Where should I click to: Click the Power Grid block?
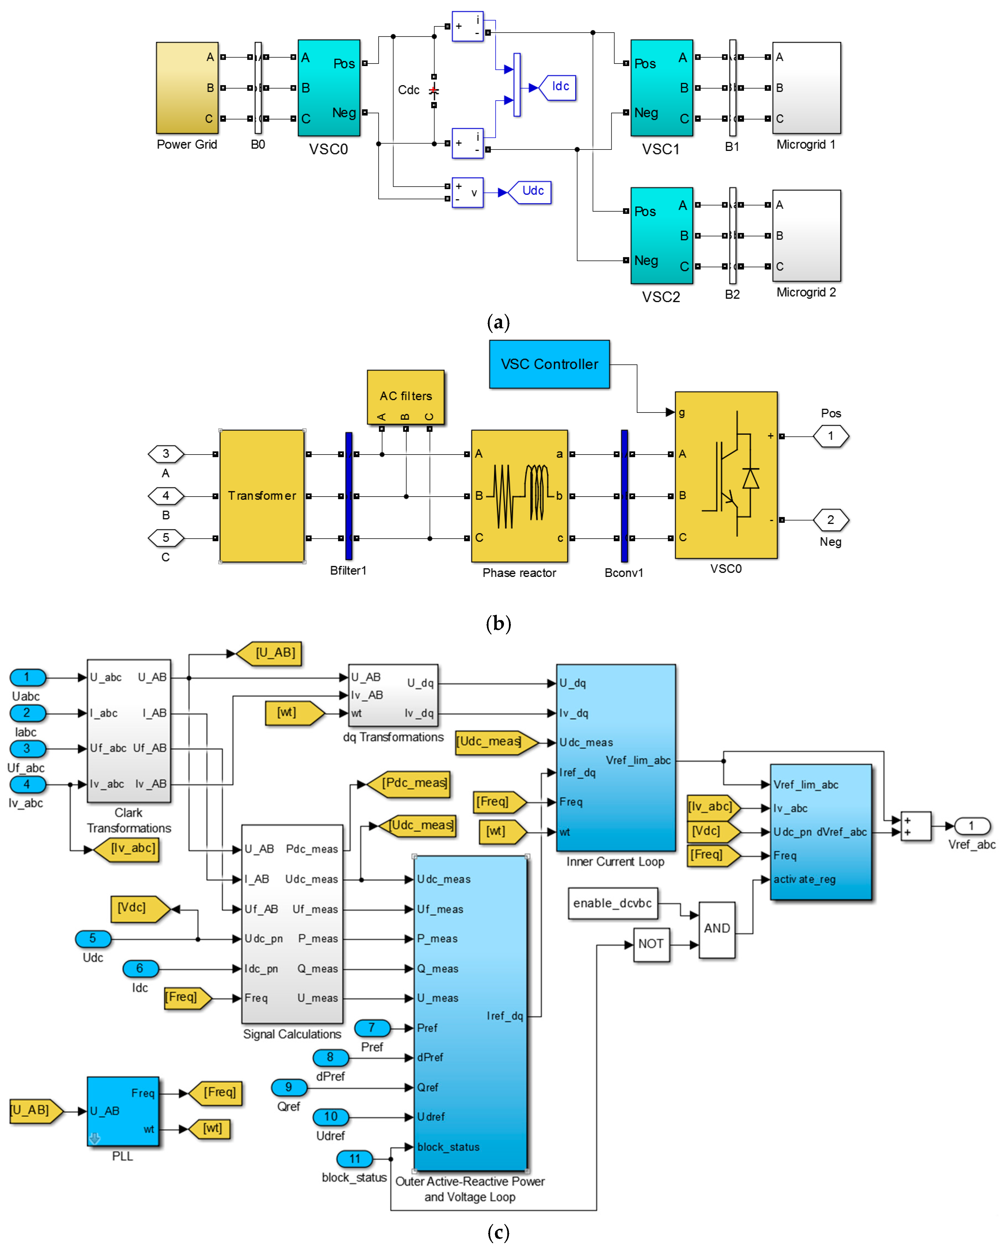tap(187, 88)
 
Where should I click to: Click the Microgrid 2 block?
tap(806, 235)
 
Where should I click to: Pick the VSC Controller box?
tap(549, 364)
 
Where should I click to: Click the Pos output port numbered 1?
tap(831, 436)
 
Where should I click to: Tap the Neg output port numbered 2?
tap(831, 520)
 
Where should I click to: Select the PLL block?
tap(123, 1111)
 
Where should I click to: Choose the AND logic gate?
tap(717, 929)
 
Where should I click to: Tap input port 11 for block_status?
tap(355, 1159)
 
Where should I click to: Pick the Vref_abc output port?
tap(972, 826)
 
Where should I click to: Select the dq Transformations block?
tap(393, 695)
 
